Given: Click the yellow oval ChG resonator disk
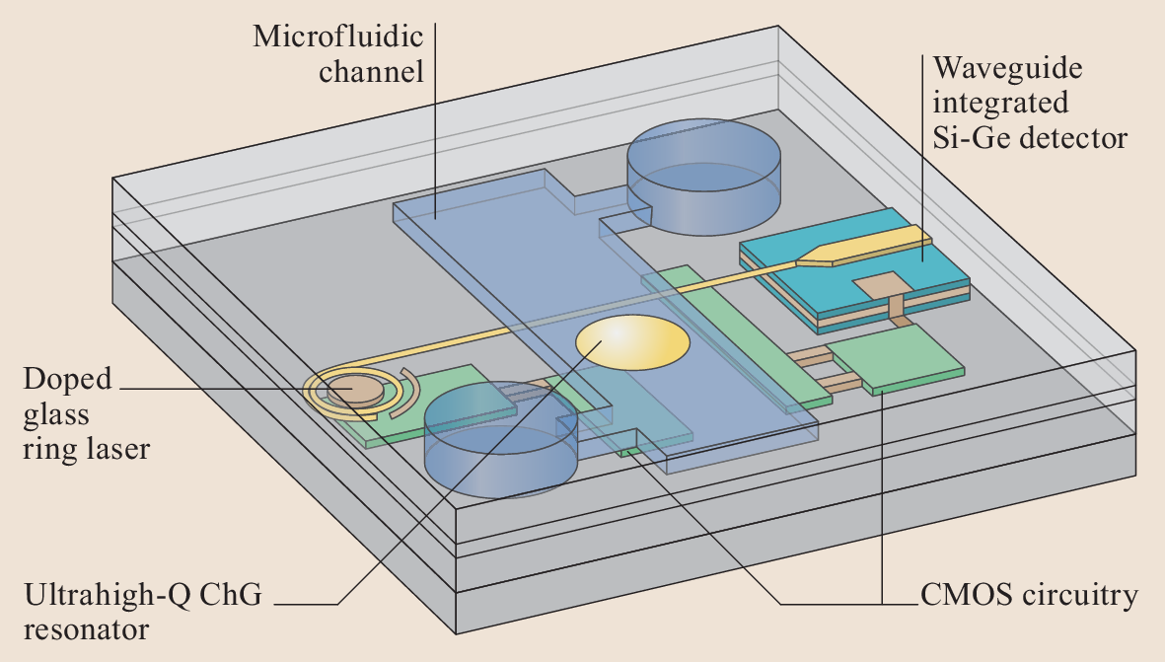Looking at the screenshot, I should pos(632,343).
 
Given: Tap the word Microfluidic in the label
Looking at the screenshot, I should pos(338,38).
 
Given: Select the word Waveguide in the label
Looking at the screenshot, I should pos(1007,69).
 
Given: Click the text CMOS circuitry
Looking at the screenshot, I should pos(1029,596).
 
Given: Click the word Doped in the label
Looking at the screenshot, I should pos(68,380).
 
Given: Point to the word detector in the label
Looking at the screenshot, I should pos(1070,137).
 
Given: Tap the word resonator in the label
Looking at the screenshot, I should pos(86,628).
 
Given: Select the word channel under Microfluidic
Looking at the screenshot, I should pos(370,72).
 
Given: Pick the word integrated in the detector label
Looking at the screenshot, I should pos(1000,103).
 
